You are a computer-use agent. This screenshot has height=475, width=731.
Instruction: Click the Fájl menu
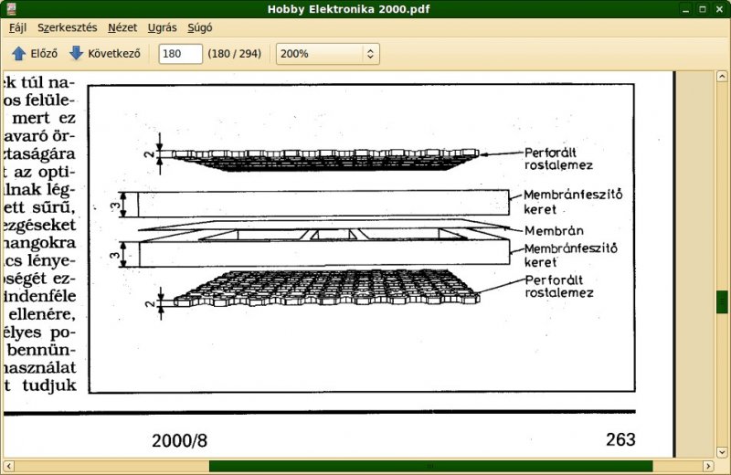point(18,27)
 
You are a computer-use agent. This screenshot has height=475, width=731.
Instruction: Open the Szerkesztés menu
point(67,27)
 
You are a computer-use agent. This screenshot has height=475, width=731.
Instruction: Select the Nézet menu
point(122,27)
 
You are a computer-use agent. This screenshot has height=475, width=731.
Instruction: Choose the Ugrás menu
point(162,27)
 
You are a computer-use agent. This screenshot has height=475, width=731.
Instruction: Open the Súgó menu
point(199,27)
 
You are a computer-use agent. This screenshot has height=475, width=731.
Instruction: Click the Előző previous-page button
point(35,54)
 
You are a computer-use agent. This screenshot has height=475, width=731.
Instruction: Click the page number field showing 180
point(180,54)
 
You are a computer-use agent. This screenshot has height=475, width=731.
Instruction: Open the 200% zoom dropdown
point(326,54)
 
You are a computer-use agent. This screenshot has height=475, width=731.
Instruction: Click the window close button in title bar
point(718,8)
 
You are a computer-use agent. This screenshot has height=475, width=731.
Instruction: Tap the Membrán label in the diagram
point(555,230)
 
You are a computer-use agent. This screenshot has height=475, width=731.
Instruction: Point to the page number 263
point(620,439)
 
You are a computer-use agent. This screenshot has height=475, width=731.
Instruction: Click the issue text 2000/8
point(180,440)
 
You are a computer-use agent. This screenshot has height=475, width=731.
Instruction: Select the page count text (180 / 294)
point(235,54)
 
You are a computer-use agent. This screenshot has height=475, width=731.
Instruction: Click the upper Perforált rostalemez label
point(559,158)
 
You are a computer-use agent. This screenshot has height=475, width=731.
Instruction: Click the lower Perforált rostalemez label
point(559,286)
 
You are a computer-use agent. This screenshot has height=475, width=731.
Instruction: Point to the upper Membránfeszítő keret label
point(573,201)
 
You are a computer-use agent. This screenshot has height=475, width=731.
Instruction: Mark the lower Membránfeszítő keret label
point(573,254)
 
